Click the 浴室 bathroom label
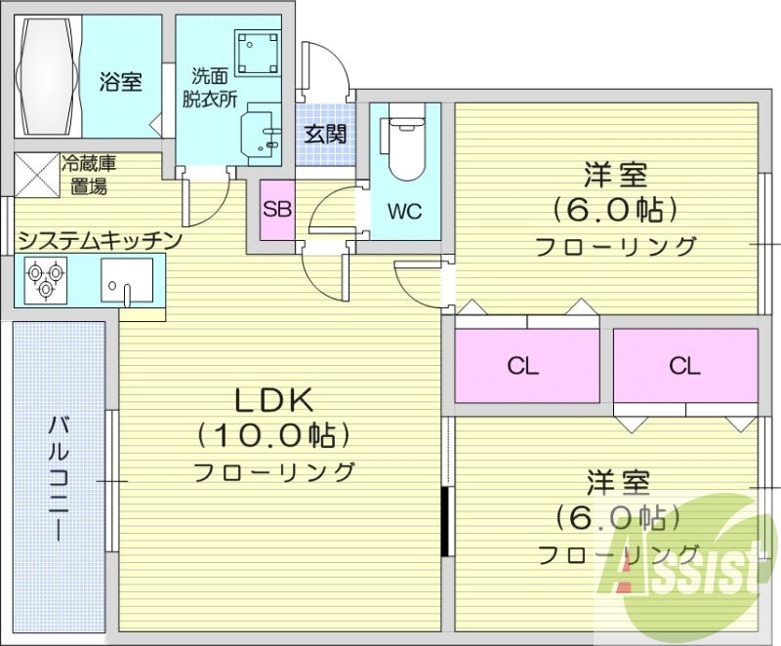119,82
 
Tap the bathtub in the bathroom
47,76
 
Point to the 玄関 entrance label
323,134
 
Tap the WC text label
403,211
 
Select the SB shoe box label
276,209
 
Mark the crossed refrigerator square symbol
37,176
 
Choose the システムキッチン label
98,239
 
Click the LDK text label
272,399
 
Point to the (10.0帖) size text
272,435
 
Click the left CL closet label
524,366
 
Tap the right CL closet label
684,366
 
